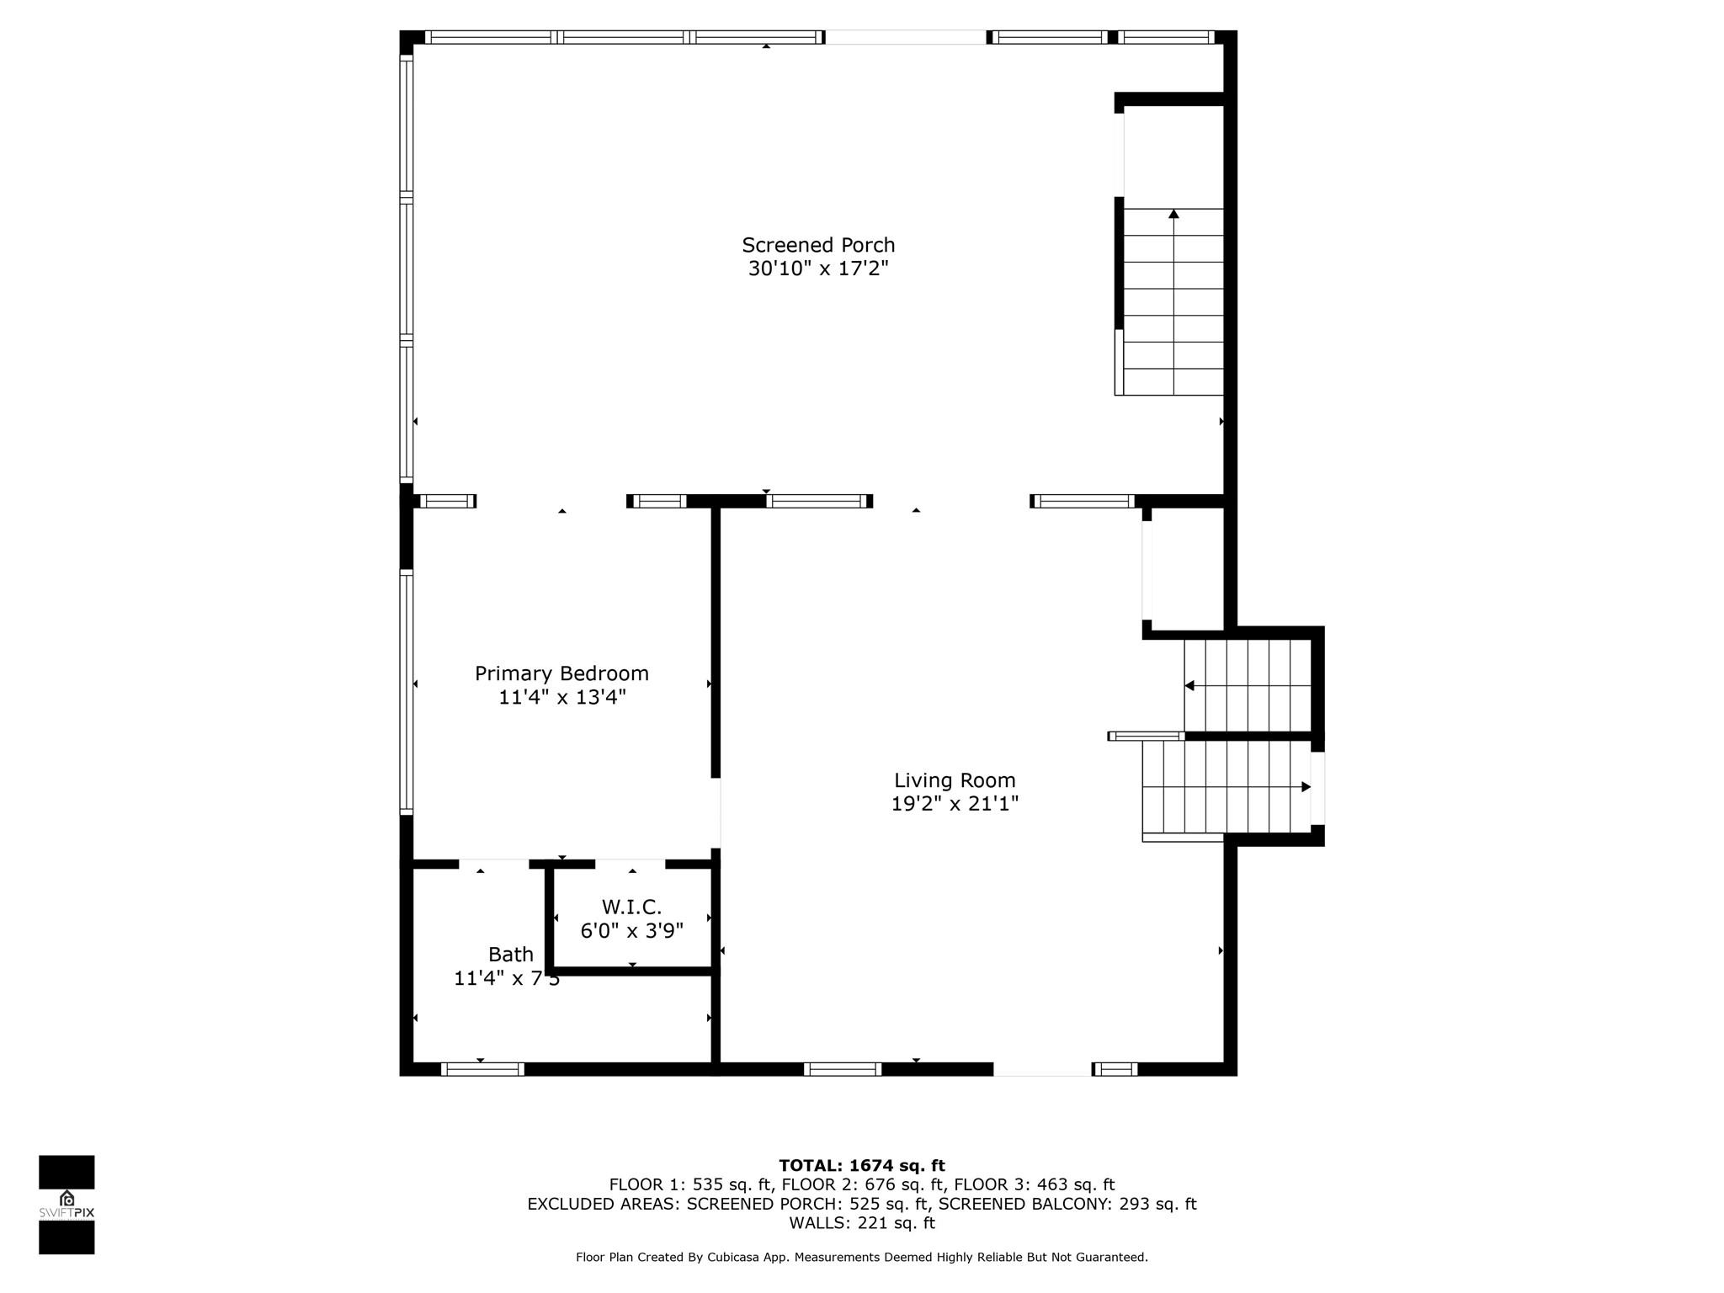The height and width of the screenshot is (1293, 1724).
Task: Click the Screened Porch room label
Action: pyautogui.click(x=817, y=245)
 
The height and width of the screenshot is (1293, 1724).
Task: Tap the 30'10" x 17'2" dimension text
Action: pyautogui.click(x=817, y=269)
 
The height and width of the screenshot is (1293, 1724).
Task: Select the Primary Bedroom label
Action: pyautogui.click(x=561, y=673)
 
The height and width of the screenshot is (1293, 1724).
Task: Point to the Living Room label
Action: pyautogui.click(x=954, y=780)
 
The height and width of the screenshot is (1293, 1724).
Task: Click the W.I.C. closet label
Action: pyautogui.click(x=631, y=907)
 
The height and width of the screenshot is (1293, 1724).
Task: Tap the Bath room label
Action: pyautogui.click(x=510, y=955)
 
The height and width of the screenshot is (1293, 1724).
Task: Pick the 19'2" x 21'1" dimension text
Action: pyautogui.click(x=954, y=804)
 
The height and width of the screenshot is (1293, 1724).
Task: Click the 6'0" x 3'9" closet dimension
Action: pyautogui.click(x=631, y=931)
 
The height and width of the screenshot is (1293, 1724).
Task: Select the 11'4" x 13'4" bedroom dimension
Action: pyautogui.click(x=561, y=697)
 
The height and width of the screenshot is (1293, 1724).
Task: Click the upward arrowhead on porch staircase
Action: pyautogui.click(x=1173, y=215)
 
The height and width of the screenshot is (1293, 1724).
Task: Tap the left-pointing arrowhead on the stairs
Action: pyautogui.click(x=1189, y=686)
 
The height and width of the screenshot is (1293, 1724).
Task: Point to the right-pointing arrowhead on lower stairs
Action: pyautogui.click(x=1306, y=787)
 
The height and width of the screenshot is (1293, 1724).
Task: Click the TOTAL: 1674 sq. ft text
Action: pyautogui.click(x=861, y=1166)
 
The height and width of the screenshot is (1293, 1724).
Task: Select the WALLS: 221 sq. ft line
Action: pyautogui.click(x=861, y=1223)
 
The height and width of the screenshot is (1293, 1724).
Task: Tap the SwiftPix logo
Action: pyautogui.click(x=67, y=1205)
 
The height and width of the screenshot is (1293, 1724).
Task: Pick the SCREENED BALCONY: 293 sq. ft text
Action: pyautogui.click(x=1067, y=1204)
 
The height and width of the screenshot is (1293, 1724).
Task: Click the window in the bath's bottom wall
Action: pyautogui.click(x=482, y=1069)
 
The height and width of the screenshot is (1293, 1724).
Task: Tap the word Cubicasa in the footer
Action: pyautogui.click(x=730, y=1258)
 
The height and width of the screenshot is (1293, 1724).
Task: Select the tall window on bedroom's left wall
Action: pyautogui.click(x=407, y=692)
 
